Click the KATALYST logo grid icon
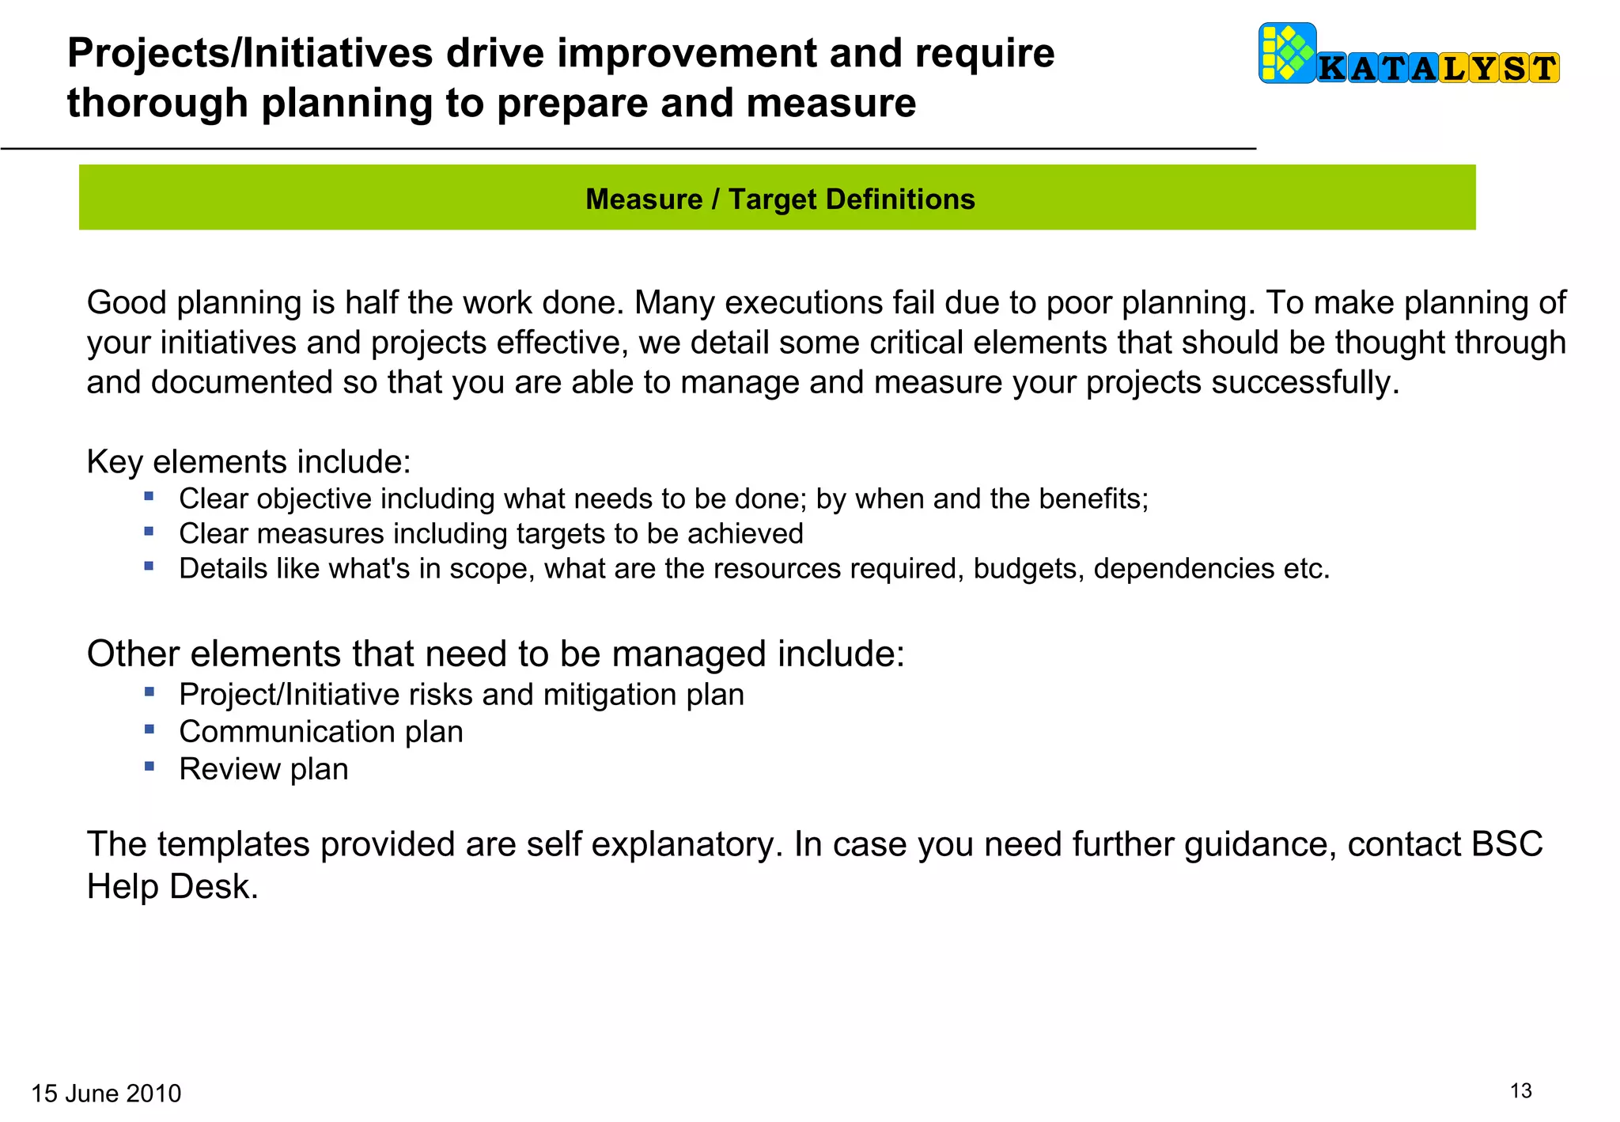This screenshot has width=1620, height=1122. point(1287,53)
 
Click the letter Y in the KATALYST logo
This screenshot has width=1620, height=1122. point(1484,69)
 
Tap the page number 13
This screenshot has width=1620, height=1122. point(1520,1091)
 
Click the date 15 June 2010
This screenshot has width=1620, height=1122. point(106,1094)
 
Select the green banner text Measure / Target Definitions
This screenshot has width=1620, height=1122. point(779,199)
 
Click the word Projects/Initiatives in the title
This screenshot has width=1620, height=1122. point(251,54)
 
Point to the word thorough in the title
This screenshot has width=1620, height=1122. point(157,104)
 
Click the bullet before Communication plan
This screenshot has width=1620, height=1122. point(150,729)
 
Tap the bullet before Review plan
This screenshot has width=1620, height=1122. point(150,766)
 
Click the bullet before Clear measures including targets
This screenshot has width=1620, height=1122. point(150,532)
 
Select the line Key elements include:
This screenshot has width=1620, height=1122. point(248,461)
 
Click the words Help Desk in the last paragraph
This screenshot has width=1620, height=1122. point(172,886)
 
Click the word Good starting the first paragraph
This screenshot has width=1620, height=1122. point(126,303)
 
